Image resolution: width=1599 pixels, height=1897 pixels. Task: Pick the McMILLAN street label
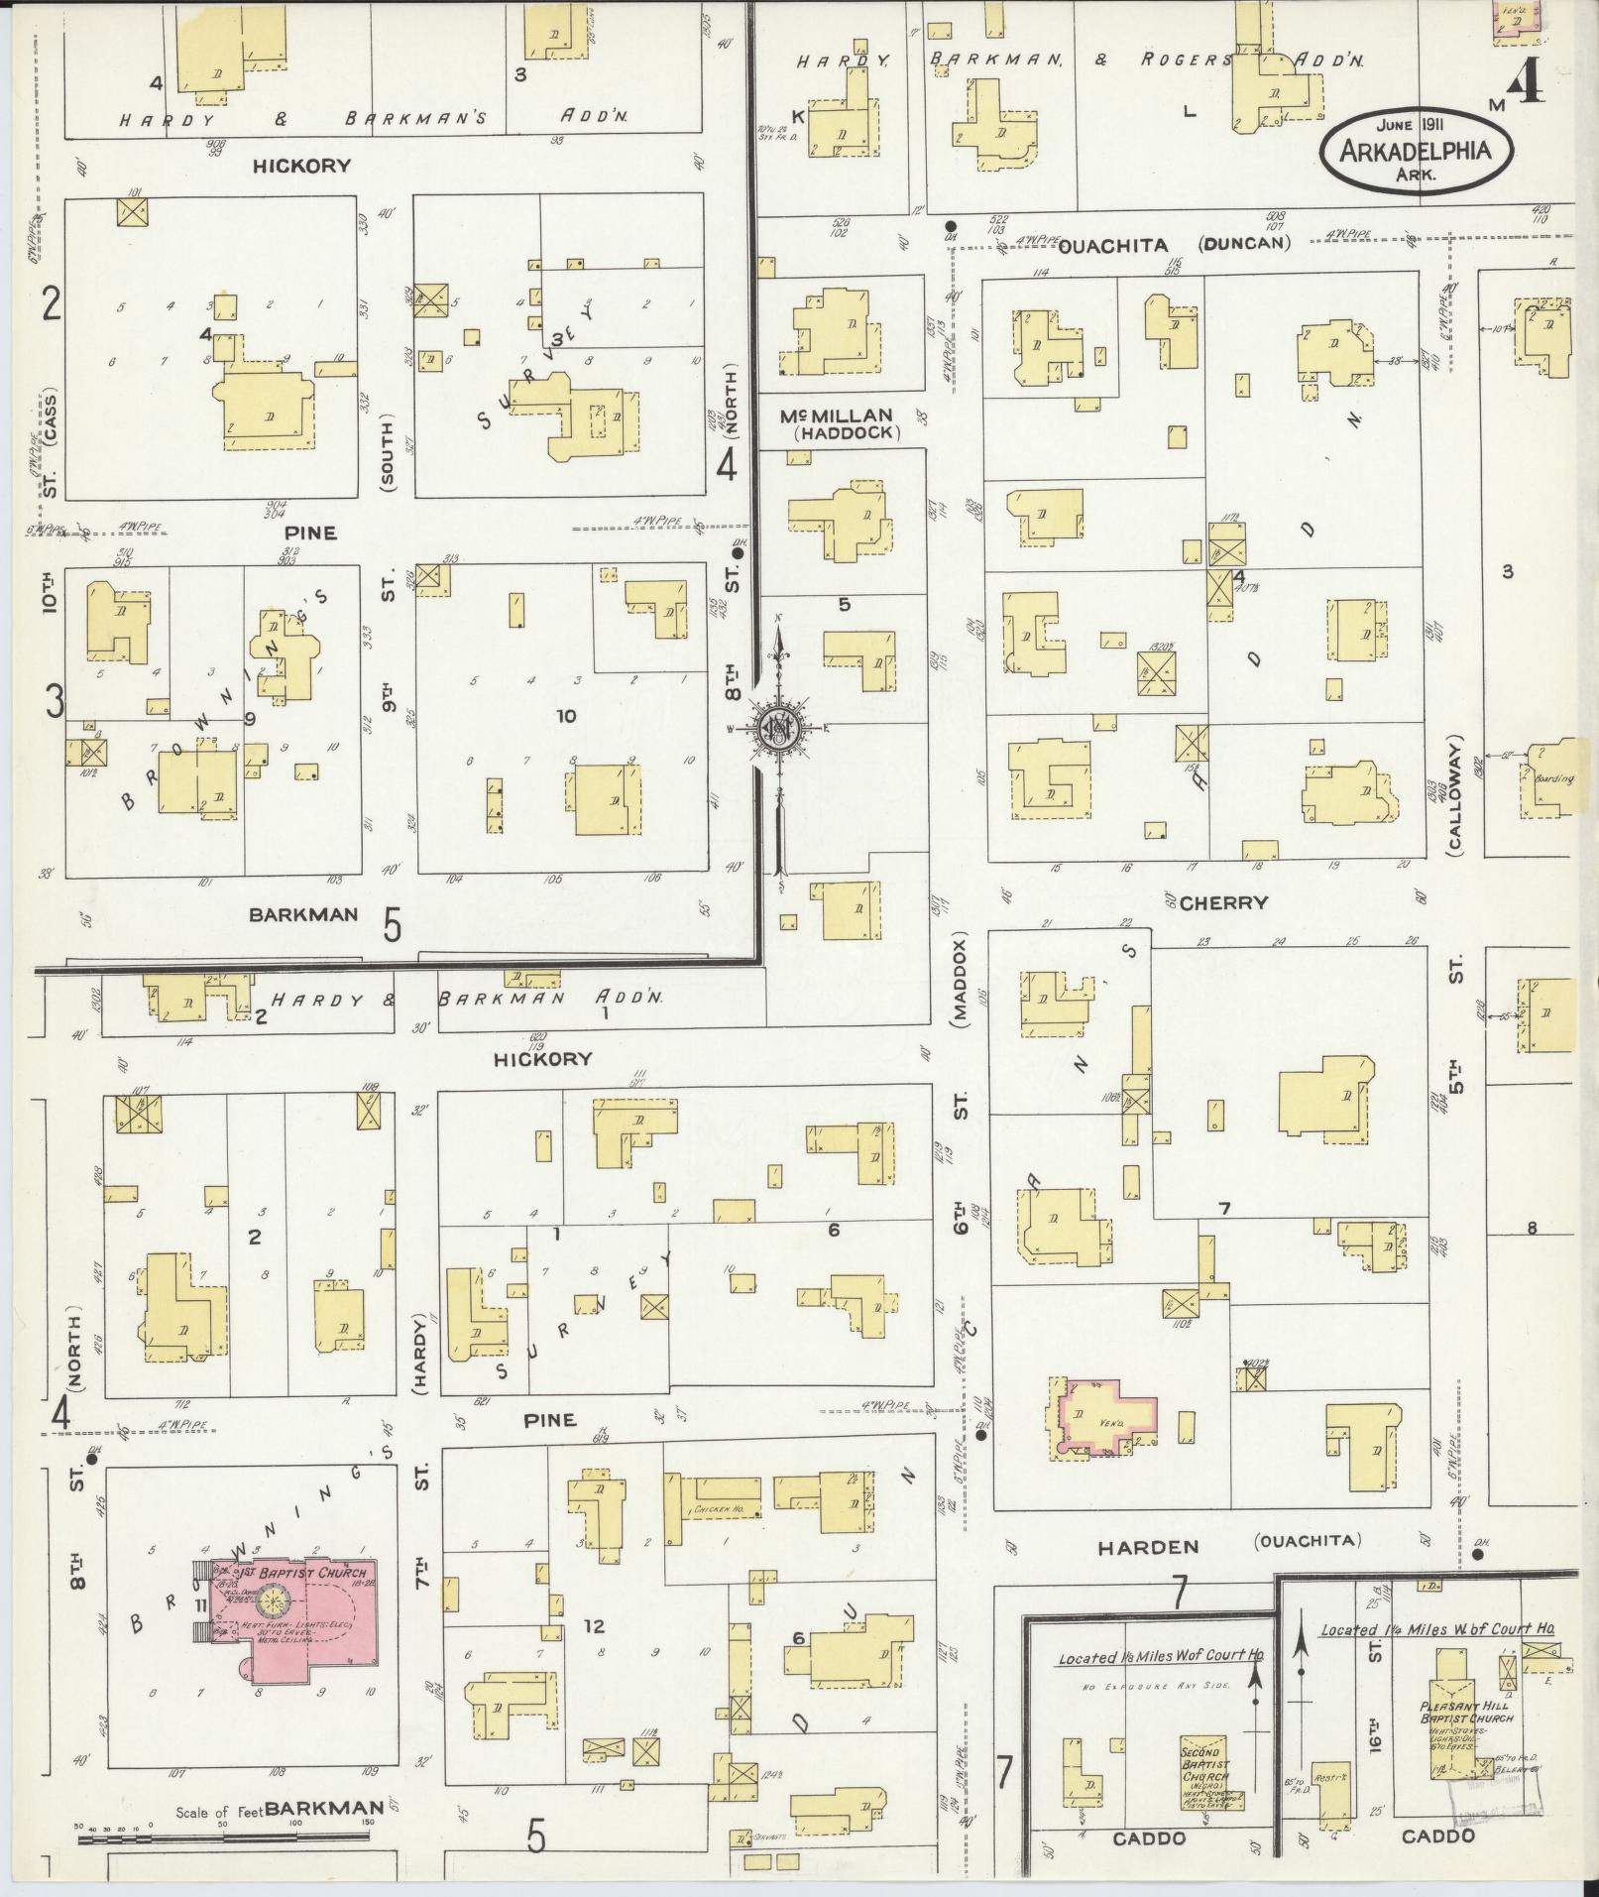[837, 415]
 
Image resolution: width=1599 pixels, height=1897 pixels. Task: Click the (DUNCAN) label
[1243, 243]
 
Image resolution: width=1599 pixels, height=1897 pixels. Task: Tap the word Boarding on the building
[1553, 778]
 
